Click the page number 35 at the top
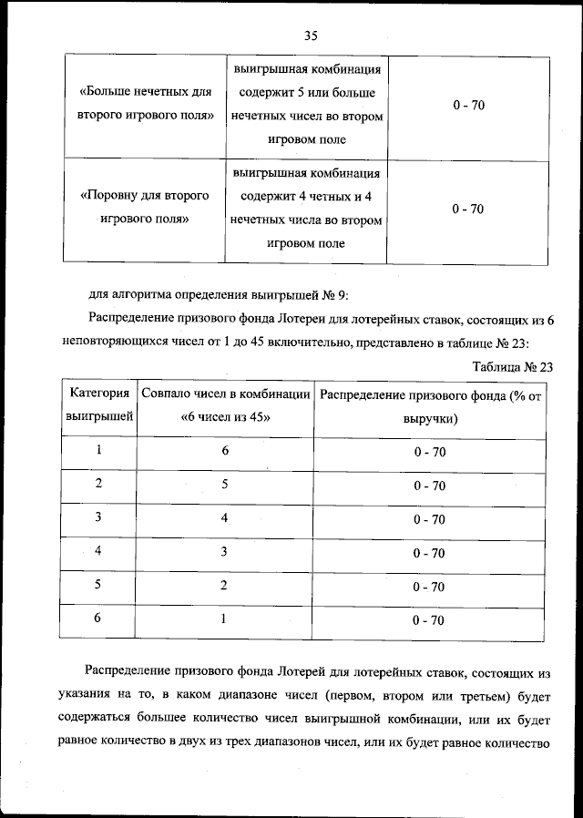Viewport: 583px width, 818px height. [310, 36]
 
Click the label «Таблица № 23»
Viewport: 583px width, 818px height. [513, 367]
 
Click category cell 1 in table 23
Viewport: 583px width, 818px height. [98, 451]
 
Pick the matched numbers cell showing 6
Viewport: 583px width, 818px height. [224, 451]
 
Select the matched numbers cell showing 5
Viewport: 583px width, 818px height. [224, 485]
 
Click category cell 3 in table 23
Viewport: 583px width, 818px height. [98, 518]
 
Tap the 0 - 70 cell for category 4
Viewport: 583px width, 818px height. [429, 553]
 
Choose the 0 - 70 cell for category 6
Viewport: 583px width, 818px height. [429, 620]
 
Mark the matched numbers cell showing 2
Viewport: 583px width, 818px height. [224, 586]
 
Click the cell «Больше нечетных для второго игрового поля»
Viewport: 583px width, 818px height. [146, 105]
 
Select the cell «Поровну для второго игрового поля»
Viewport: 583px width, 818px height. [146, 208]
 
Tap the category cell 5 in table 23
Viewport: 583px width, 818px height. [98, 586]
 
